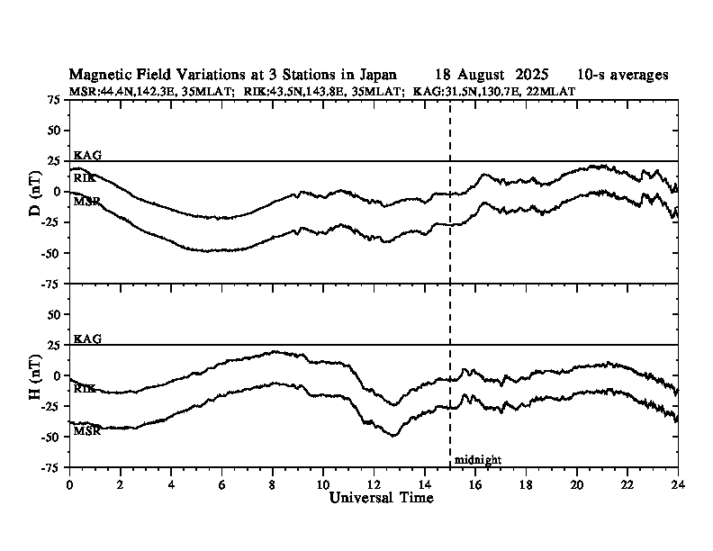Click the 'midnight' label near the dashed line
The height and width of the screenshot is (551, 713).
click(x=477, y=460)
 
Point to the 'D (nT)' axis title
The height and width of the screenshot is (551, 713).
click(x=35, y=191)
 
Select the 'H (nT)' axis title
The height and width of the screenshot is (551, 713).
click(x=35, y=375)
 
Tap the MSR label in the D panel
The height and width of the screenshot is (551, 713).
click(x=86, y=200)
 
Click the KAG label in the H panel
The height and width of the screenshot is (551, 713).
click(x=87, y=339)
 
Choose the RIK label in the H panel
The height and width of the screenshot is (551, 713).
click(x=86, y=388)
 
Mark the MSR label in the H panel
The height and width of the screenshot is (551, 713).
click(x=86, y=431)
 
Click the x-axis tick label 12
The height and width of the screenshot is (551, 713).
click(x=374, y=483)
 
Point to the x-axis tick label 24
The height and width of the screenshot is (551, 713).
click(x=678, y=483)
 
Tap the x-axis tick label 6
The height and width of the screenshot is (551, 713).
click(x=221, y=483)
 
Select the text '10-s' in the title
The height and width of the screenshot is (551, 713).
click(x=595, y=75)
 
